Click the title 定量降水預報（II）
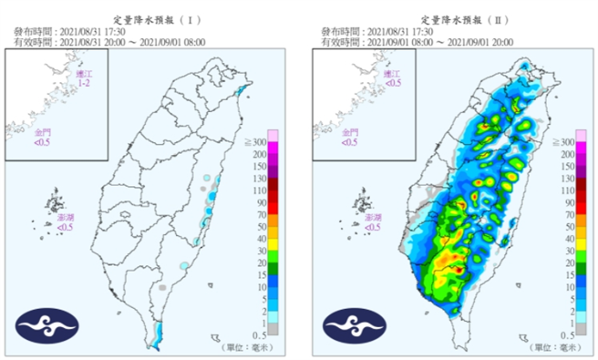[453, 17]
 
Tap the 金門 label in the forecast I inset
[44, 137]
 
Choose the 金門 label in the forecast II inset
[350, 137]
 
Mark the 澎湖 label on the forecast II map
[368, 222]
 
